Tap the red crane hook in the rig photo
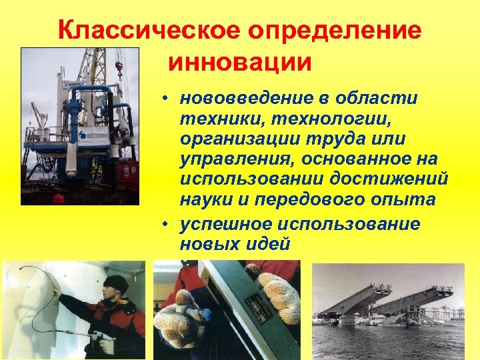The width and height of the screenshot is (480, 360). [x=119, y=67]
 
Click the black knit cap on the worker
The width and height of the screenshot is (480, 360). [x=116, y=283]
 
